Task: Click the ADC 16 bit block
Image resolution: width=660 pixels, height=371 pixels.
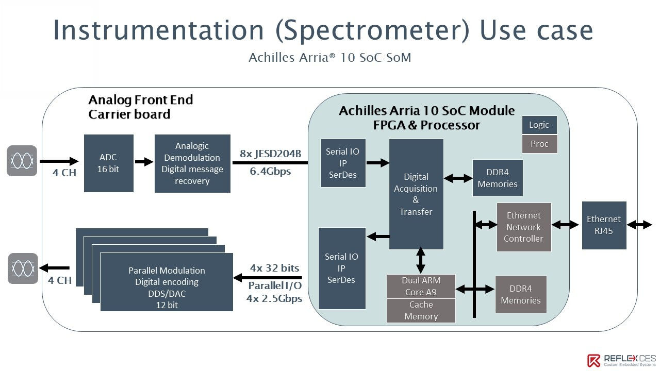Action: pos(108,163)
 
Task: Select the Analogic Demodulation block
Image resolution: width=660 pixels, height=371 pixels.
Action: pos(192,163)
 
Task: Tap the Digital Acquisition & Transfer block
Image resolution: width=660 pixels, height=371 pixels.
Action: pos(416,194)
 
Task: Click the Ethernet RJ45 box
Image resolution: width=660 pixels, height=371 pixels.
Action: pos(604,225)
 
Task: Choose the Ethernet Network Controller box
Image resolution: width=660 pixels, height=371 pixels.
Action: pos(524,227)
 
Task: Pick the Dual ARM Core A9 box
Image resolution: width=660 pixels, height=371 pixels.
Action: pos(421,286)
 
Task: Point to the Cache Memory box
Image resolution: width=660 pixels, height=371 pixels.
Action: pos(421,311)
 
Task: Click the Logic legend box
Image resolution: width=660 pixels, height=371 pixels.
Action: pos(539,125)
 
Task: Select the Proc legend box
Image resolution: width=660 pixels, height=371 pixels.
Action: pos(539,144)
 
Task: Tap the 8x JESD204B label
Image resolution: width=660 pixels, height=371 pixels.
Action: pos(271,153)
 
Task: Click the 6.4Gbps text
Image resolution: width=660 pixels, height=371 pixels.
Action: pos(271,172)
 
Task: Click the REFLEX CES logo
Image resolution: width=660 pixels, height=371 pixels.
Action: pos(621,360)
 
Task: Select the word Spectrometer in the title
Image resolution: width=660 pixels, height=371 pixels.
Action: pos(372,31)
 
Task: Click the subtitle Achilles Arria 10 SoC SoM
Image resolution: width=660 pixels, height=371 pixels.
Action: pos(330,58)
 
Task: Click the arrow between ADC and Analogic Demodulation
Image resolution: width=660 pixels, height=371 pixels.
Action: pos(144,162)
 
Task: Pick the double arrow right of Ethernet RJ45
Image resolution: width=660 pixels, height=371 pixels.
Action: pos(640,225)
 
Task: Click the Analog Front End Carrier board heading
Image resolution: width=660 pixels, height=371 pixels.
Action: pos(140,107)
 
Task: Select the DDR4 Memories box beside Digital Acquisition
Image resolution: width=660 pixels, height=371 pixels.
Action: pos(498,178)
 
